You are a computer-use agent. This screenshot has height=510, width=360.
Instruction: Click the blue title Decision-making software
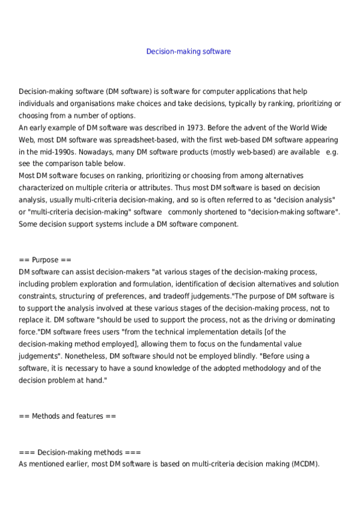coord(188,52)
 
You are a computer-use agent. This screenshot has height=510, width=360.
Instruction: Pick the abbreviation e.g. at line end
coord(332,152)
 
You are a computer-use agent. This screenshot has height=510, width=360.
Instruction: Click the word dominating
coord(311,320)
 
